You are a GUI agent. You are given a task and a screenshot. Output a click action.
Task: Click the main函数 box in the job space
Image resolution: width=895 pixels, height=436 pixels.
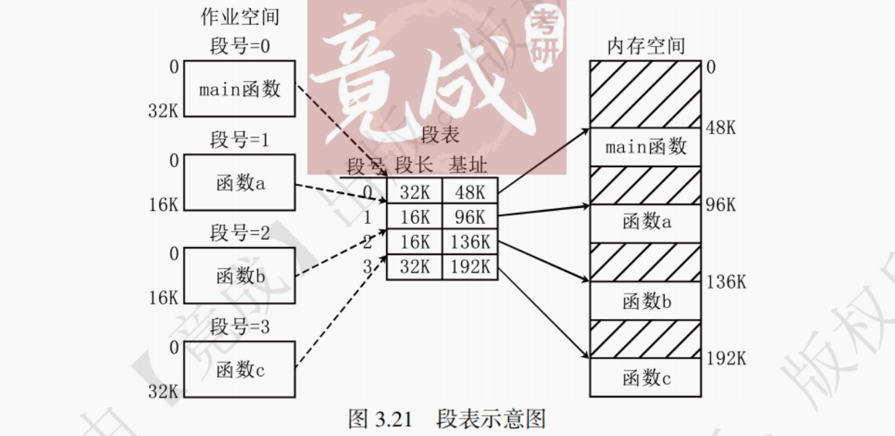(x=239, y=89)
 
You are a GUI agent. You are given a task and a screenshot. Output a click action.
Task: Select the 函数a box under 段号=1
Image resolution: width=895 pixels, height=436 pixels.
(x=239, y=183)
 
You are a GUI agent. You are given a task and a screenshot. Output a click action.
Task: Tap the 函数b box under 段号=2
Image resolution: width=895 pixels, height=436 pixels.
(x=239, y=276)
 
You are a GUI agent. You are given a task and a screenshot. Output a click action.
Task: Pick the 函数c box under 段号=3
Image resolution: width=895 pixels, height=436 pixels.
(x=239, y=369)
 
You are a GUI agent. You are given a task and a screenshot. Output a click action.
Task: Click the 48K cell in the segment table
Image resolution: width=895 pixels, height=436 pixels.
(x=470, y=193)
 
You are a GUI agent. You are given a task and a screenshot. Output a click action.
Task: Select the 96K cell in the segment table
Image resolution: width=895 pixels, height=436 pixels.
(x=470, y=217)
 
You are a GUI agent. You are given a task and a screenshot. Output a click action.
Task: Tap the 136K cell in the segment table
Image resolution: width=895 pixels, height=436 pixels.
(x=470, y=242)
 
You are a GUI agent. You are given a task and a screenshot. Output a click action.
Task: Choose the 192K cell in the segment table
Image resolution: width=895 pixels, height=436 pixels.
(x=470, y=267)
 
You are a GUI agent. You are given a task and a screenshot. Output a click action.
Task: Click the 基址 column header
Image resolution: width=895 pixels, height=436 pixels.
(x=467, y=166)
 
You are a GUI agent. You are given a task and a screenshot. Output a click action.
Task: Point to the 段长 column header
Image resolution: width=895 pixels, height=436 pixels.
(x=414, y=166)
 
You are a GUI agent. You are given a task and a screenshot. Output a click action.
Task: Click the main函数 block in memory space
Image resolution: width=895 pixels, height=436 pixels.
(x=646, y=147)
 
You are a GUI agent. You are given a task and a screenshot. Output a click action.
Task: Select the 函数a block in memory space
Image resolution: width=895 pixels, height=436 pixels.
(x=646, y=222)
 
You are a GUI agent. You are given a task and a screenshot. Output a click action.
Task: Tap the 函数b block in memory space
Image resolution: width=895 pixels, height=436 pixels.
(x=646, y=300)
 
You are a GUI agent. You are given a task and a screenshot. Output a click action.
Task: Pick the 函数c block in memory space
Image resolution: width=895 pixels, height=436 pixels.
(x=646, y=377)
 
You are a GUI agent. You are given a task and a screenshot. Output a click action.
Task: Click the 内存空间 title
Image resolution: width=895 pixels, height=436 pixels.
(x=646, y=47)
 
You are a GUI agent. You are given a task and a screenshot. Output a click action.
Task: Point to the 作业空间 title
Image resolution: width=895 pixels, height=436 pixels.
(x=240, y=17)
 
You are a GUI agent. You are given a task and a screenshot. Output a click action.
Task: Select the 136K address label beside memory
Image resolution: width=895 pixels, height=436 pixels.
(x=726, y=282)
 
